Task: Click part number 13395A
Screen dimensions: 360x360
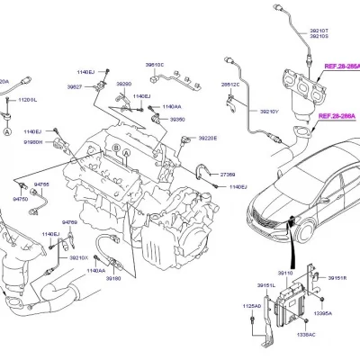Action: point(321,313)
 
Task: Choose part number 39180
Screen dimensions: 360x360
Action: point(113,279)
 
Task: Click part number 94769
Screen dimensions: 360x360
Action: point(70,220)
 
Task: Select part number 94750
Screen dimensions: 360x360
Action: point(21,198)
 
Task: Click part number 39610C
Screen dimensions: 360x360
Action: point(155,65)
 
